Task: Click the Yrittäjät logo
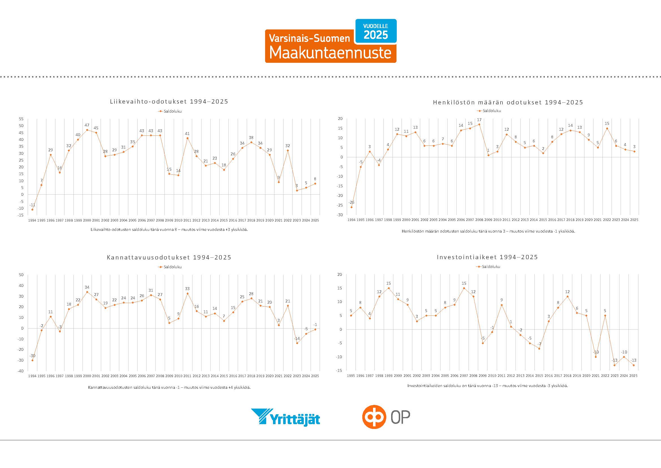[x=286, y=417]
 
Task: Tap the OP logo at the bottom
[x=386, y=417]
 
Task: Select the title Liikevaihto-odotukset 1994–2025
[x=169, y=102]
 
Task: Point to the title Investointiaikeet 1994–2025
[x=487, y=257]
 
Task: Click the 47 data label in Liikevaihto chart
[x=87, y=125]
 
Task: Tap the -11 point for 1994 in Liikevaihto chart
[x=32, y=209]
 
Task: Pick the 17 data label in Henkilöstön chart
[x=479, y=120]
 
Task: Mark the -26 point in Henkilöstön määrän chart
[x=351, y=207]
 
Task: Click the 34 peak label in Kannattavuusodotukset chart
[x=87, y=287]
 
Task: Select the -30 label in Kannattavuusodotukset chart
[x=32, y=356]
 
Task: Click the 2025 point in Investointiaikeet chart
[x=633, y=365]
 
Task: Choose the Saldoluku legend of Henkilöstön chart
[x=489, y=111]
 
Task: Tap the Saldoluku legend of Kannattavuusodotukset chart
[x=170, y=267]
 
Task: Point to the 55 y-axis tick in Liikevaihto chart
[x=21, y=119]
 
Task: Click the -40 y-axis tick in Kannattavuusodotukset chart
[x=21, y=371]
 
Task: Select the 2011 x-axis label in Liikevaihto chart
[x=187, y=220]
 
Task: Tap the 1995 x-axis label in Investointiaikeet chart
[x=351, y=376]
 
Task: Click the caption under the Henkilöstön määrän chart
[x=488, y=231]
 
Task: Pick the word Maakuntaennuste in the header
[x=330, y=53]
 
